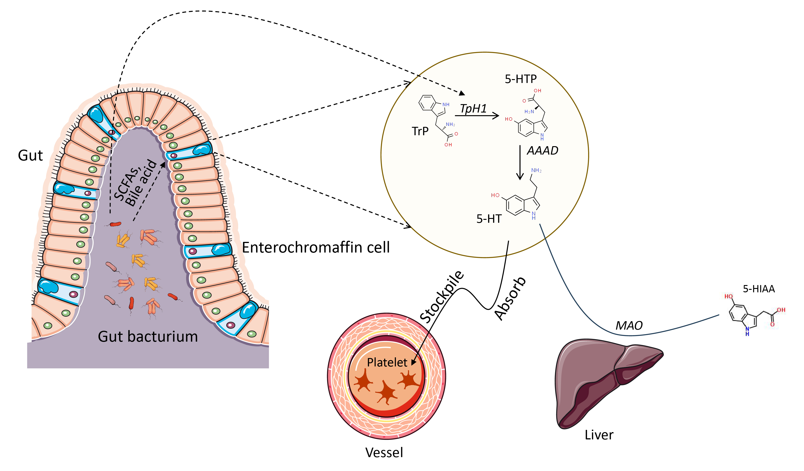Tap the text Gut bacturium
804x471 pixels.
148,337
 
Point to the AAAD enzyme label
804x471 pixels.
542,151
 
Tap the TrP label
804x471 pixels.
420,131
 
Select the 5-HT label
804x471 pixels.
489,219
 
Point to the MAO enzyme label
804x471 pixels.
629,326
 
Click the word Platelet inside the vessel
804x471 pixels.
387,363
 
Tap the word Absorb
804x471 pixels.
510,298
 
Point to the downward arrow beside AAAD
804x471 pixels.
520,163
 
